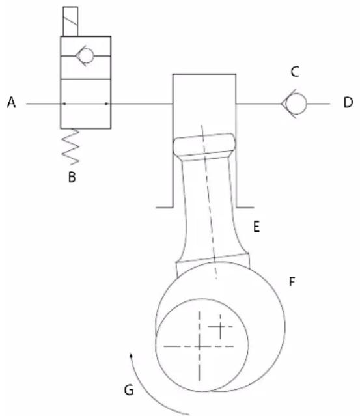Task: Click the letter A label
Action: (x=11, y=102)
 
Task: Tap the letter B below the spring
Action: (x=72, y=177)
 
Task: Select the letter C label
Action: (x=295, y=72)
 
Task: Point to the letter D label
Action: (x=348, y=103)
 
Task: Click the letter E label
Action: (x=256, y=227)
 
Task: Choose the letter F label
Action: (x=292, y=281)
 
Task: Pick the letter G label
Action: (x=129, y=390)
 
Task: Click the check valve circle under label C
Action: (x=297, y=104)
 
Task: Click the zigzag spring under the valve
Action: (x=70, y=146)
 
